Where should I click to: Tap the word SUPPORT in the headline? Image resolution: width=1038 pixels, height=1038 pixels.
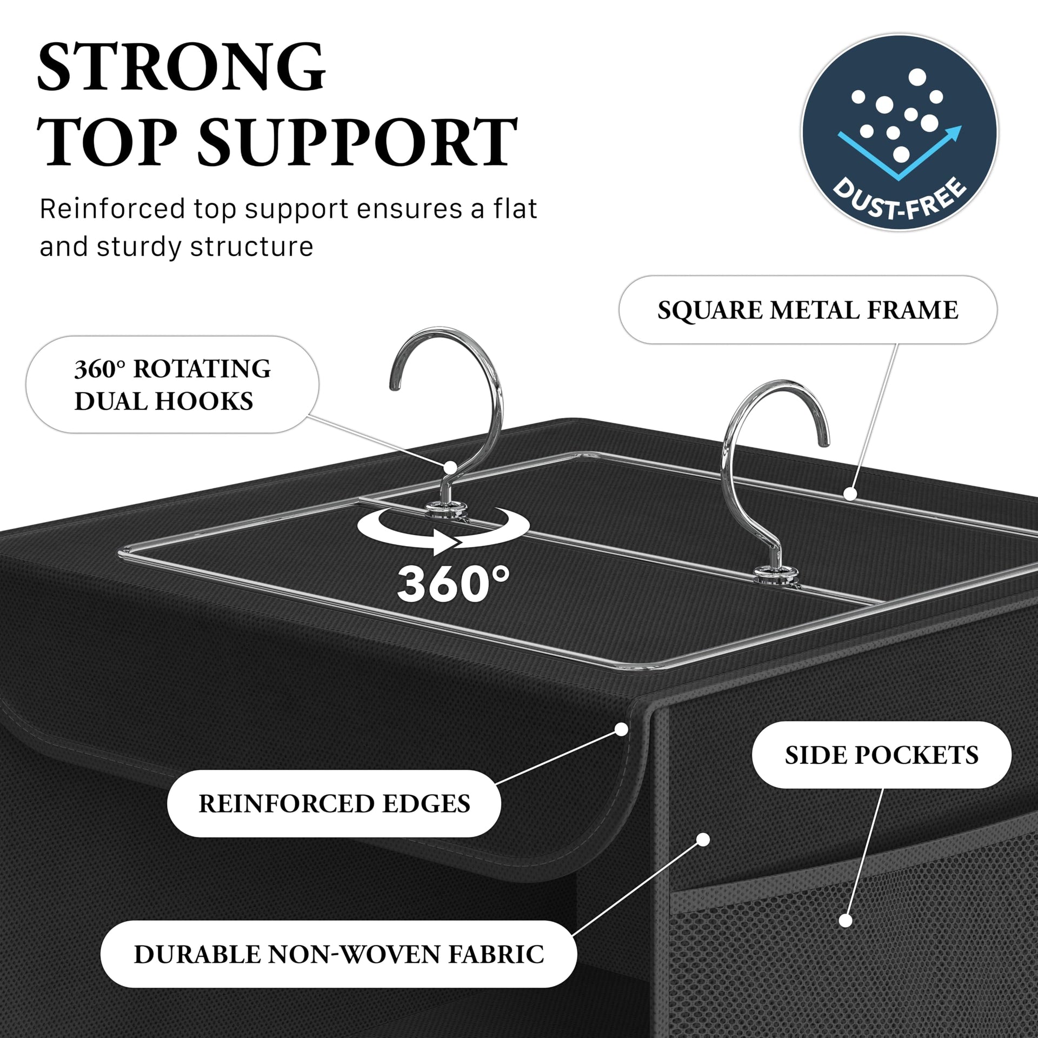click(358, 142)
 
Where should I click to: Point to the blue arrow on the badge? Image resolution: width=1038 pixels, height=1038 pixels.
click(900, 154)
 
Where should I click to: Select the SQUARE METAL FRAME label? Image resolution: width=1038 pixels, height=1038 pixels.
click(808, 310)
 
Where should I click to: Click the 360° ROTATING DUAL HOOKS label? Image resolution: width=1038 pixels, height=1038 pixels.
click(172, 384)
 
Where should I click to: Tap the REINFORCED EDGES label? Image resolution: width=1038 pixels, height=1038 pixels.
click(334, 803)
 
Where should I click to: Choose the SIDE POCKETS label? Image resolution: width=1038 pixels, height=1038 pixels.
click(882, 755)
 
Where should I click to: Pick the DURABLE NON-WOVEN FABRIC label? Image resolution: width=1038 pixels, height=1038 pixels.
click(339, 954)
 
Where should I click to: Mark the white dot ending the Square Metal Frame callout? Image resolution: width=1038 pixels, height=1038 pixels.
click(850, 493)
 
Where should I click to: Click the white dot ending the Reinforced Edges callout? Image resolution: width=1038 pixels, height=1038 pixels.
click(621, 729)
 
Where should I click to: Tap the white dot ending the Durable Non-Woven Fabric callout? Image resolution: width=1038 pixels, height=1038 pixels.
click(703, 854)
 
